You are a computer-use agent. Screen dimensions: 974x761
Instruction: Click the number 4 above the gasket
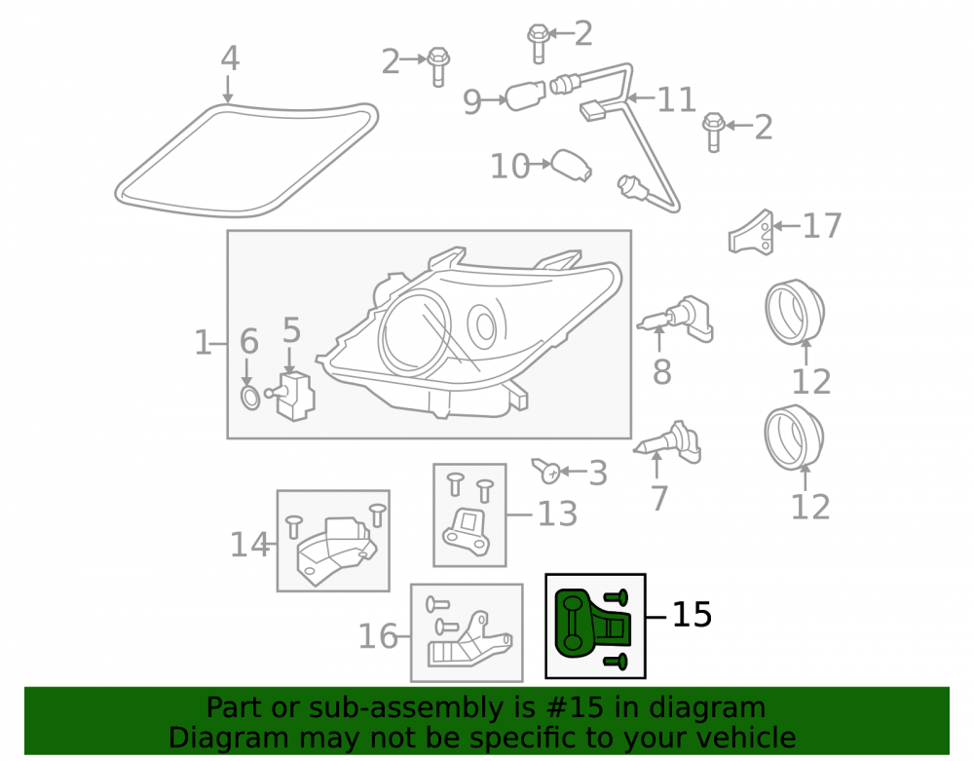coord(230,58)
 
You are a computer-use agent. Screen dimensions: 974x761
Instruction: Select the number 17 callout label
coord(822,225)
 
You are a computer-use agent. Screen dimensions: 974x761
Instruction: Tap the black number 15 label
coord(692,615)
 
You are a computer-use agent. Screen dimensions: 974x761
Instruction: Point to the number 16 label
coord(378,636)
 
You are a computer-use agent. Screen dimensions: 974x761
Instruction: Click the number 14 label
coord(249,544)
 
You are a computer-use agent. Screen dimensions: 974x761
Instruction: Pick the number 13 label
coord(557,514)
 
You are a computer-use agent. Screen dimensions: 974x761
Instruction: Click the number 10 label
coord(510,166)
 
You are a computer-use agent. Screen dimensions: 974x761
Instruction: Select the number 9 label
coord(472,101)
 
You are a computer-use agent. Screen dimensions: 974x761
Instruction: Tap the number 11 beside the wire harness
coord(676,99)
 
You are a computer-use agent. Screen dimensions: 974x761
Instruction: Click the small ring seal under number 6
coord(249,398)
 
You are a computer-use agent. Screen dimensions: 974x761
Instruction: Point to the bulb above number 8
coord(677,319)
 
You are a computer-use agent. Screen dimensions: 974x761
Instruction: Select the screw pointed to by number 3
coord(546,471)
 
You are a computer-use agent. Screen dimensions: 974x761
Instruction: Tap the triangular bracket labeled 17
coord(752,232)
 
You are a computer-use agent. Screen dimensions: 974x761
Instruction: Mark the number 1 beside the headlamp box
coord(203,342)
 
